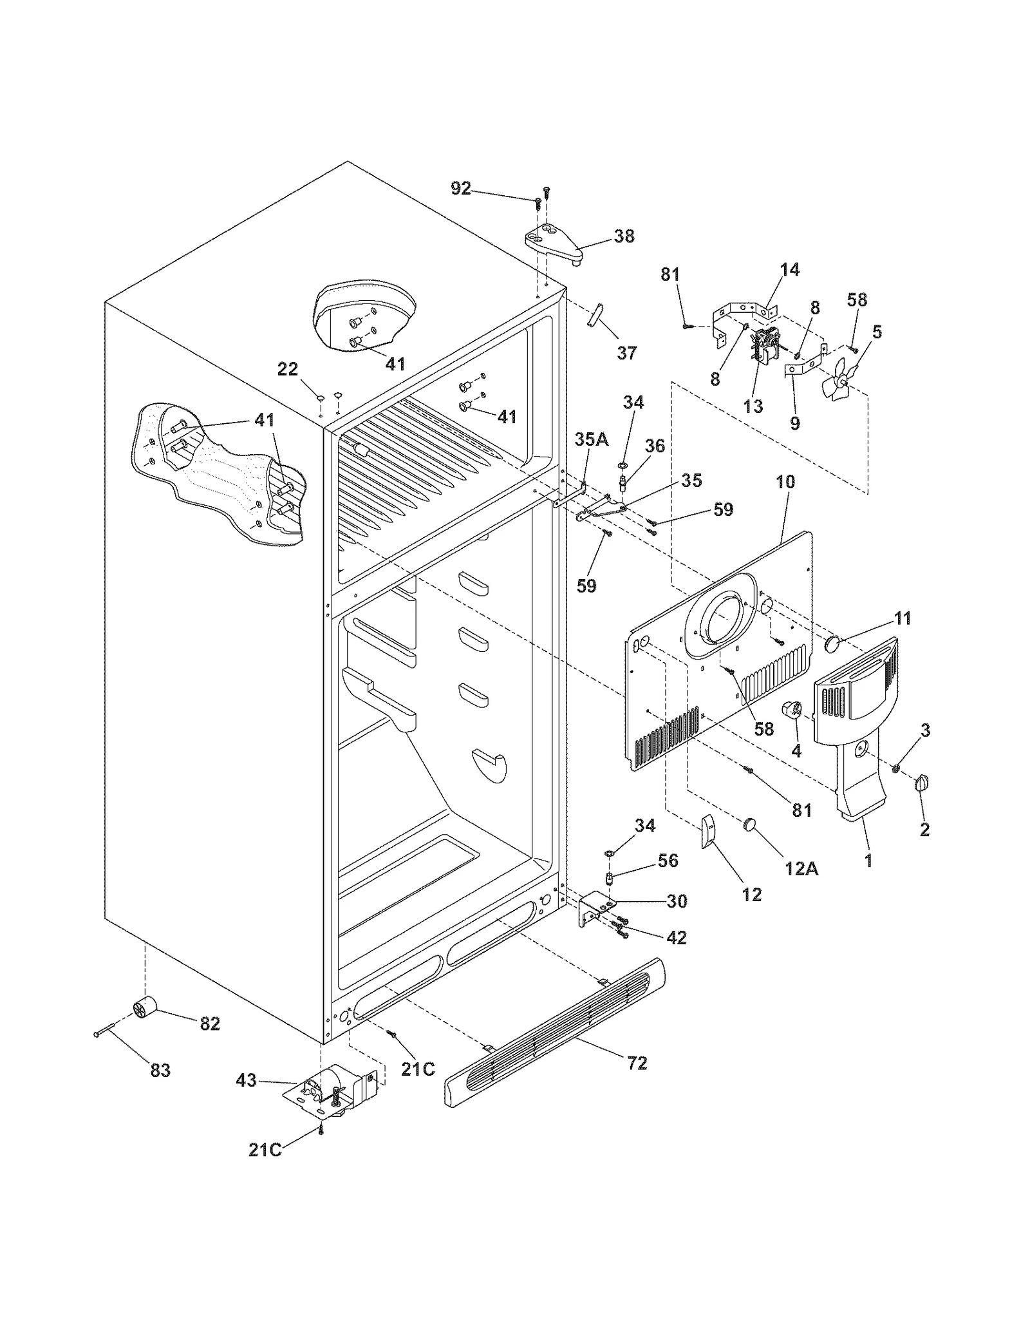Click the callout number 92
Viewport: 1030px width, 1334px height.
click(460, 189)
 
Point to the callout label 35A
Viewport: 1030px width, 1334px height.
click(591, 440)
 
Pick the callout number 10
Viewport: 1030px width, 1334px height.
click(785, 482)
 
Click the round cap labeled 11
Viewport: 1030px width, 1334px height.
click(834, 643)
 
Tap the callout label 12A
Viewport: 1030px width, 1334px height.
click(801, 869)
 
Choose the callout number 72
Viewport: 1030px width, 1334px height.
click(637, 1063)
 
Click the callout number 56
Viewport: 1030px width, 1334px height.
click(668, 861)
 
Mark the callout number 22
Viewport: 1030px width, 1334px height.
click(288, 369)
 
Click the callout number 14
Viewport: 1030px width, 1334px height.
click(790, 269)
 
